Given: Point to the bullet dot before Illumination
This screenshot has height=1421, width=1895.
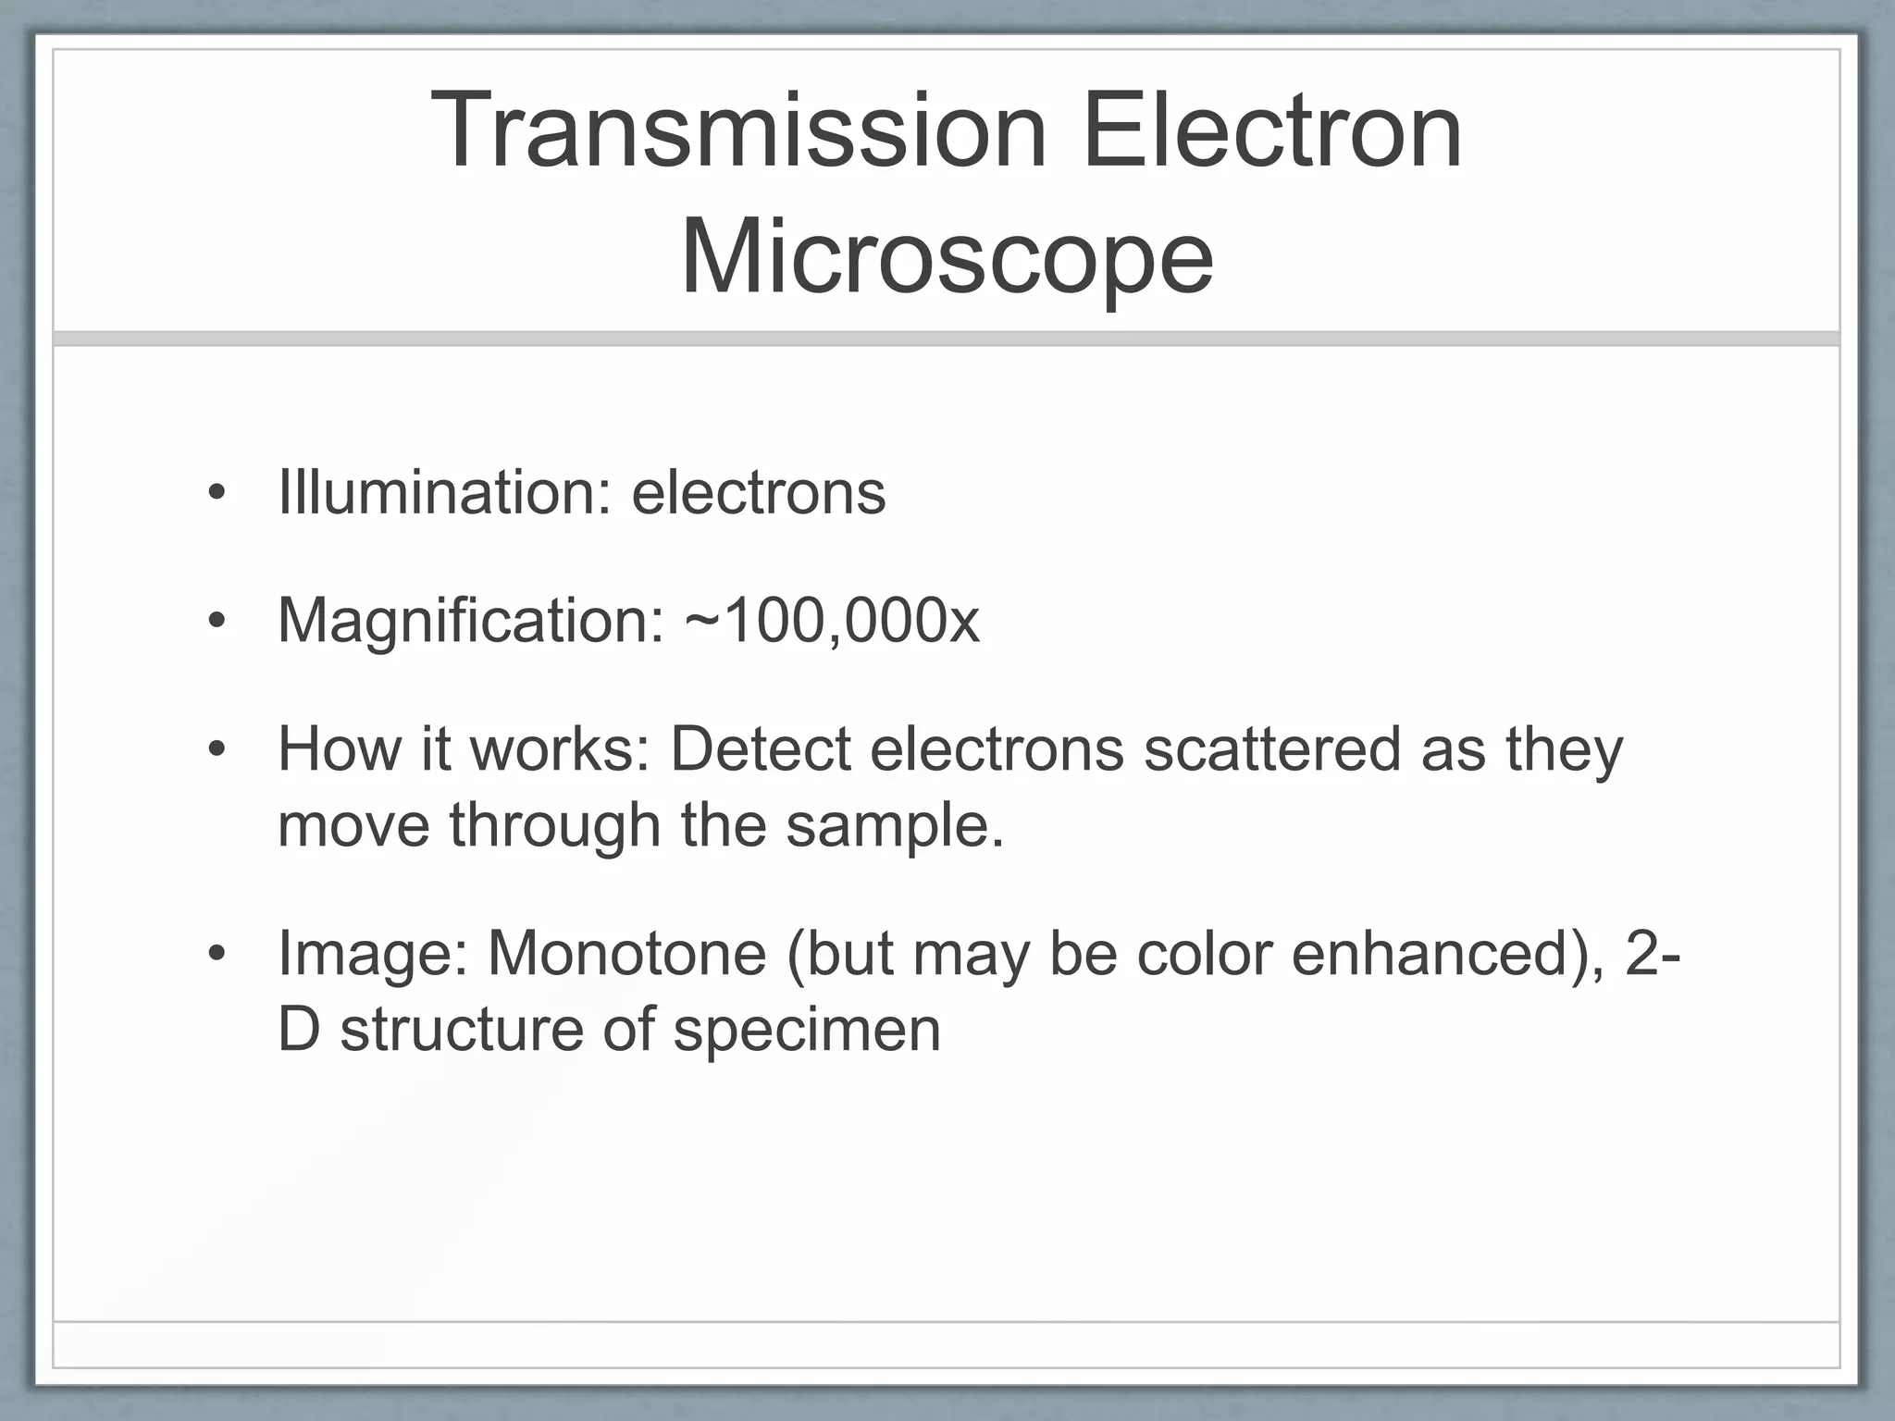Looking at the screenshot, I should click(x=217, y=493).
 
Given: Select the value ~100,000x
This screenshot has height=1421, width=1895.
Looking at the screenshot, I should click(x=832, y=620).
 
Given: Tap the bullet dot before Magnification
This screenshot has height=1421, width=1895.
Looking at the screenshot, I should click(x=217, y=622).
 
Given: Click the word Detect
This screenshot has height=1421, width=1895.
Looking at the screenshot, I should click(x=760, y=748).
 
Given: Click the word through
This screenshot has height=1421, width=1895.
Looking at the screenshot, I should click(x=555, y=824).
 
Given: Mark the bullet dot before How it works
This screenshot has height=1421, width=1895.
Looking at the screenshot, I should click(x=217, y=750).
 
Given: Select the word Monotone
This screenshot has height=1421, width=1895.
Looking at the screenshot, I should click(x=626, y=953).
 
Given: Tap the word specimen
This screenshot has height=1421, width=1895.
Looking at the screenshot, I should click(x=806, y=1029).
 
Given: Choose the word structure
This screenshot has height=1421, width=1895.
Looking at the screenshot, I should click(x=462, y=1029).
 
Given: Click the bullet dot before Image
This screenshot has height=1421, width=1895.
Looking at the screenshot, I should click(x=217, y=954).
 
